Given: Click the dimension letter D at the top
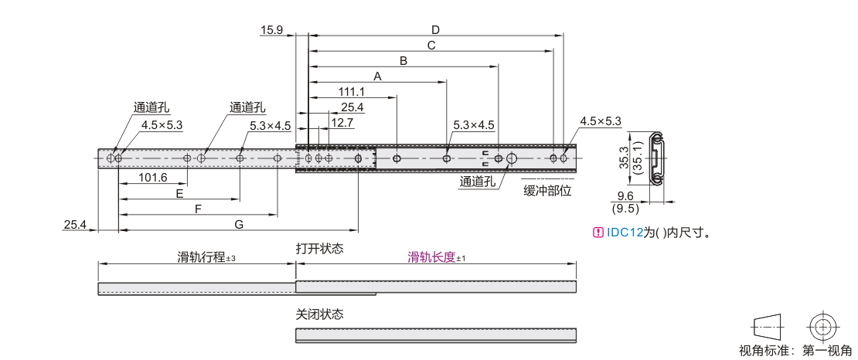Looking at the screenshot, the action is [x=435, y=29].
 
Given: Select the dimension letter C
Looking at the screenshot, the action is [x=431, y=46].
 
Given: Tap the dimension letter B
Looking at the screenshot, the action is [x=403, y=61].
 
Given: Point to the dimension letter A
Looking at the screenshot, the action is [x=377, y=76].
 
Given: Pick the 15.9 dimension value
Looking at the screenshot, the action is [x=271, y=29].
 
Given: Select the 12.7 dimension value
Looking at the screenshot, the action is [x=342, y=124].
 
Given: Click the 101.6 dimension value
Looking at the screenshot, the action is [x=153, y=178].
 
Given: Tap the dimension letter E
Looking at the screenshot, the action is [x=179, y=193].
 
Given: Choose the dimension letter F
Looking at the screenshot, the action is [x=198, y=209].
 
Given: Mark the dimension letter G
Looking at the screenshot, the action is [x=239, y=224].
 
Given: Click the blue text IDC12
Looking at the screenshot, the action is [x=624, y=233].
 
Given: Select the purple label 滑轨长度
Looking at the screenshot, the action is [x=432, y=257].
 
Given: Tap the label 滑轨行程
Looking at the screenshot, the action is [x=202, y=257].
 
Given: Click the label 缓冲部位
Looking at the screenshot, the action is [x=547, y=191].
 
